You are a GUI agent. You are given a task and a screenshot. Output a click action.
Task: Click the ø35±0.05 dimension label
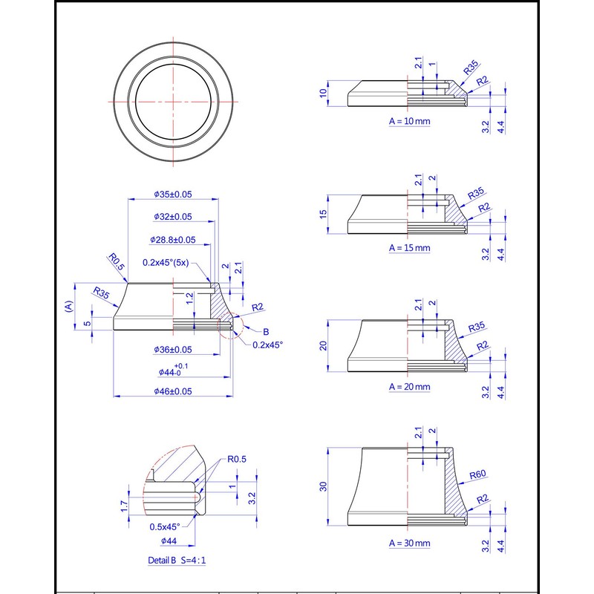click(x=173, y=194)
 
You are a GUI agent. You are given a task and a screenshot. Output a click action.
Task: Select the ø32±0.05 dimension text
click(x=173, y=217)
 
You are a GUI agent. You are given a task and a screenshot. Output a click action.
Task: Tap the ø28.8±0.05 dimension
click(x=173, y=241)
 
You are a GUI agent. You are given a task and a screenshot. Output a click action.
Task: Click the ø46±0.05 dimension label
click(x=173, y=391)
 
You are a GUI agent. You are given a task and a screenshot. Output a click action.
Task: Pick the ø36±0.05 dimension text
click(x=173, y=350)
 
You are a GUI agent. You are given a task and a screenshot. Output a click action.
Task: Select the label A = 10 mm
click(x=410, y=120)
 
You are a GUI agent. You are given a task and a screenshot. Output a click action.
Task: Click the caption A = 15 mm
click(x=410, y=247)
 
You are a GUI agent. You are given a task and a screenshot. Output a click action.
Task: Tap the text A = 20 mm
click(x=410, y=387)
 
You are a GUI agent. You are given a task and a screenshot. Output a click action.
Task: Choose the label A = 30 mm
click(x=410, y=544)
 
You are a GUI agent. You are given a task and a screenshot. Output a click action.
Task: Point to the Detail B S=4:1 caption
click(x=177, y=561)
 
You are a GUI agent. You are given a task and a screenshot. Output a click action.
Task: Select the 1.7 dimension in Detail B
click(x=125, y=506)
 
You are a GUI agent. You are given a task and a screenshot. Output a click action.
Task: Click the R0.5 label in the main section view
click(x=114, y=260)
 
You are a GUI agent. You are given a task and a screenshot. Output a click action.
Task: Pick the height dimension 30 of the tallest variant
click(x=323, y=486)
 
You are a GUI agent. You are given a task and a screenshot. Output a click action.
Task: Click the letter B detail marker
click(x=267, y=331)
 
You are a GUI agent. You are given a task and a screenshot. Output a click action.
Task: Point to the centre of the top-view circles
click(x=174, y=101)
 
